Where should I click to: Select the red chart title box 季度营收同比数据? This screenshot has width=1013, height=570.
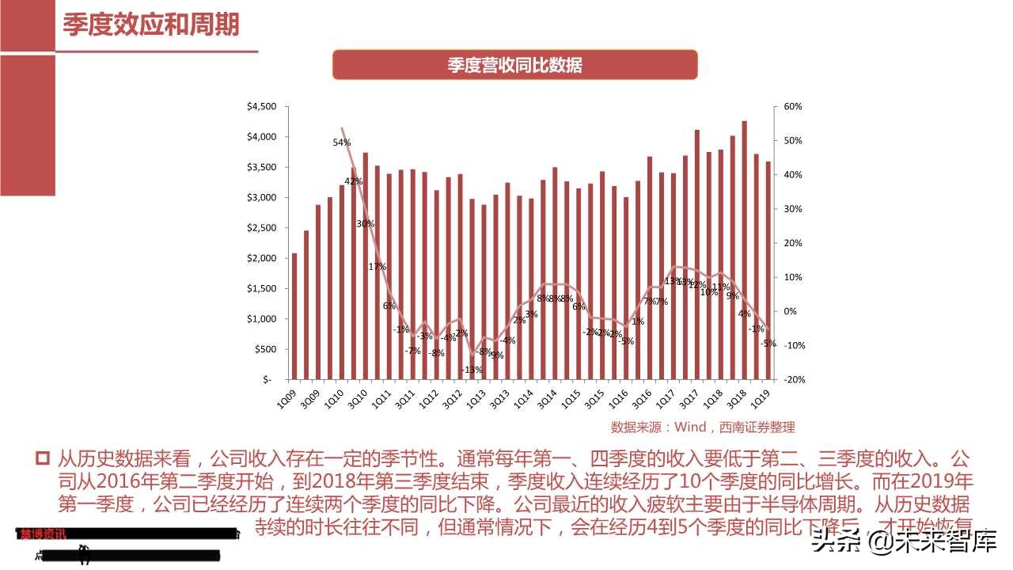514,65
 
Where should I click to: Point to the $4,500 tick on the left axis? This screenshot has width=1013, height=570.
262,107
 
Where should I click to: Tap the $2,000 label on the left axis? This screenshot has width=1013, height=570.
262,258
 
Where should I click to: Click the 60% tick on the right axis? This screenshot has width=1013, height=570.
792,107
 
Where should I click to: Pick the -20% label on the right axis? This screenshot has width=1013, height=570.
792,379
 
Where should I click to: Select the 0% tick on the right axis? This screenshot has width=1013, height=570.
790,311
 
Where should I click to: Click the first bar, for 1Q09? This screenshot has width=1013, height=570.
294,316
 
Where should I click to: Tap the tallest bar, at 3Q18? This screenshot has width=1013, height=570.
745,249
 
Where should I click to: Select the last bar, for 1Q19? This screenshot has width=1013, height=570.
768,270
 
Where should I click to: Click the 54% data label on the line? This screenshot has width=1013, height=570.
342,142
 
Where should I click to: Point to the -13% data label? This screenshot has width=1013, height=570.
472,370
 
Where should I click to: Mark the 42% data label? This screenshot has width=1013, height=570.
353,181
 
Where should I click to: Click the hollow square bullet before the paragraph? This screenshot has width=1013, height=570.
43,458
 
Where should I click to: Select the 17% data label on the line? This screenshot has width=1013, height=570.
377,267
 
